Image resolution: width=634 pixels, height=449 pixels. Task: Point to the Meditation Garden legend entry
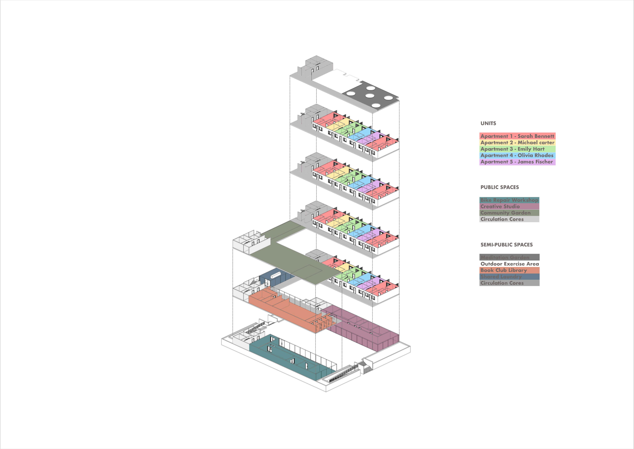coord(505,257)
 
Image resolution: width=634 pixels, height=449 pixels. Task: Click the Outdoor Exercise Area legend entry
coord(509,264)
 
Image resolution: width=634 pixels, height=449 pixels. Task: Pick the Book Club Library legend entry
coord(503,270)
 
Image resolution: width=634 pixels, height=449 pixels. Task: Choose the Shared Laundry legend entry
coord(501,277)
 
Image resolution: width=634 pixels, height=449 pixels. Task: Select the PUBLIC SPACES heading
coord(500,187)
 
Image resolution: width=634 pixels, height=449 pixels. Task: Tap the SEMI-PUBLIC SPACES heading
coord(506,245)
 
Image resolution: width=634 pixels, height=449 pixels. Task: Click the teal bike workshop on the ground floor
coord(293,359)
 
